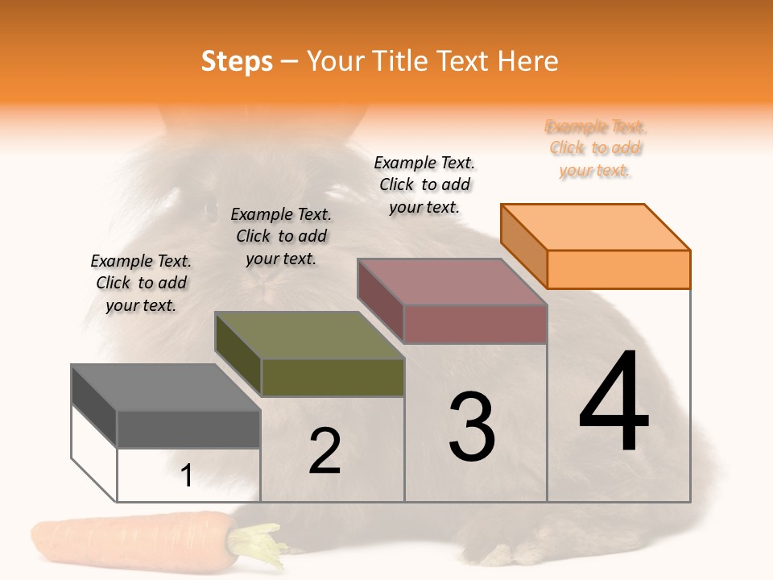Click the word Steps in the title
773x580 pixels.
237,61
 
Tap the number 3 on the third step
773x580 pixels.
472,427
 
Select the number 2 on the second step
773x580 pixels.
324,451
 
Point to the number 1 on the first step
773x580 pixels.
187,475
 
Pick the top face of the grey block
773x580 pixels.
165,387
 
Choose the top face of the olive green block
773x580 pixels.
309,335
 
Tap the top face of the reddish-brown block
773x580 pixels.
453,282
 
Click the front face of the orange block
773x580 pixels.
618,269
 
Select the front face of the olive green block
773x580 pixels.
333,377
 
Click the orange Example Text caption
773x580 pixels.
596,148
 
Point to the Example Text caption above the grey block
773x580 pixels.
141,283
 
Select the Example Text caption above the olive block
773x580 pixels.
281,236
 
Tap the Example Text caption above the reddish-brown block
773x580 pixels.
424,184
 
